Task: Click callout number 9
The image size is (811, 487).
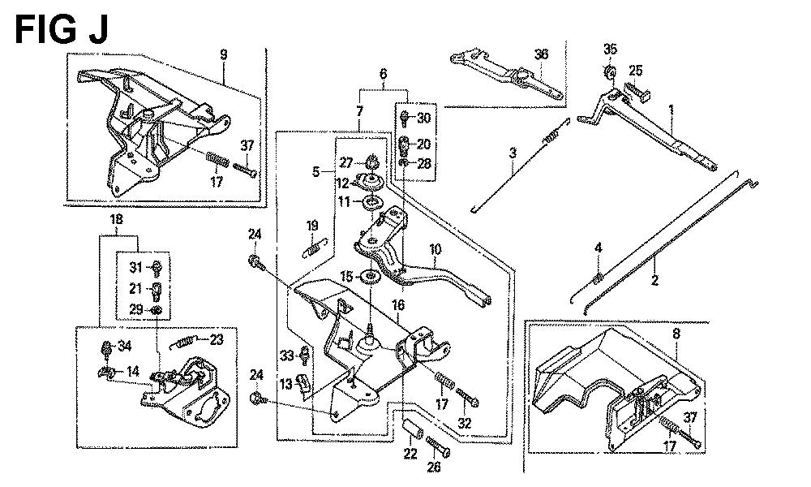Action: (x=223, y=55)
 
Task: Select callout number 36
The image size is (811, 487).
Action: (x=541, y=54)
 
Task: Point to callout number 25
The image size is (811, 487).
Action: (x=636, y=71)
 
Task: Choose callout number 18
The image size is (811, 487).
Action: (x=118, y=220)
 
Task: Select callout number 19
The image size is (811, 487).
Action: (x=312, y=225)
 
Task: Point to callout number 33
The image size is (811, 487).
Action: (x=285, y=355)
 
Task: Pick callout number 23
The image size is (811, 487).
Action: (x=217, y=340)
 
